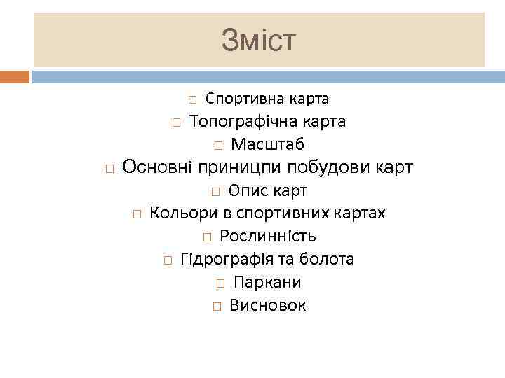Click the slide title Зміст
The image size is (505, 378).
259,40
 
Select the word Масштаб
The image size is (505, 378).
267,145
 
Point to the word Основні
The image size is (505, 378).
158,167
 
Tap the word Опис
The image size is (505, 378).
245,191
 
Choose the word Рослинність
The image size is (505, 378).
267,237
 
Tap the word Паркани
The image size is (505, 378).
267,283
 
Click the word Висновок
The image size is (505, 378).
267,306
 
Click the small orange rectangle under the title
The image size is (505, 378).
15,76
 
